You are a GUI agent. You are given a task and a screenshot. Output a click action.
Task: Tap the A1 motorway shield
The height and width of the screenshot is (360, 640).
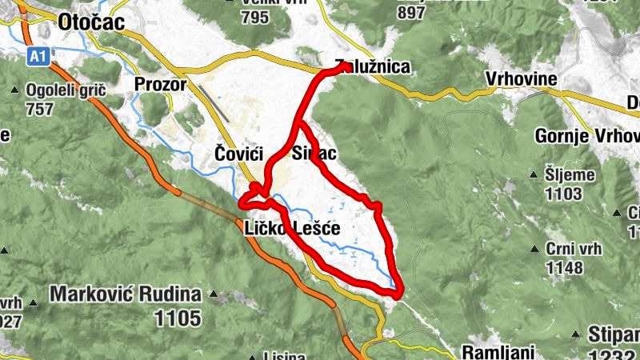pyautogui.click(x=38, y=56)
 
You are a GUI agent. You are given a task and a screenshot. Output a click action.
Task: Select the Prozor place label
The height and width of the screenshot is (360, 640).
pyautogui.click(x=160, y=85)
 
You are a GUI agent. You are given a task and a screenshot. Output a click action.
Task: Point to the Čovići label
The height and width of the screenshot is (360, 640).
pyautogui.click(x=238, y=153)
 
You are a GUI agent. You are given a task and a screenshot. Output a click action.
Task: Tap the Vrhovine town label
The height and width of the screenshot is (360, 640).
pyautogui.click(x=521, y=80)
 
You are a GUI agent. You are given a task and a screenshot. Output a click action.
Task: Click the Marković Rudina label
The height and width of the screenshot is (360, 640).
pyautogui.click(x=124, y=294)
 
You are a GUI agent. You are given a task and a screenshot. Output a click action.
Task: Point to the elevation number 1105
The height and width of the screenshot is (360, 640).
pyautogui.click(x=178, y=318)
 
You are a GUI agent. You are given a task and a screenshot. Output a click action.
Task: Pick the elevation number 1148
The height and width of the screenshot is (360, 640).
pyautogui.click(x=565, y=266)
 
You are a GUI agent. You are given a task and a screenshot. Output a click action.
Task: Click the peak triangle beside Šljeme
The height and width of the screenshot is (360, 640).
pyautogui.click(x=534, y=174)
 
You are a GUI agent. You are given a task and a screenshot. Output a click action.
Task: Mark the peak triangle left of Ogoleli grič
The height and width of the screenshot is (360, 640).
pyautogui.click(x=17, y=90)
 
